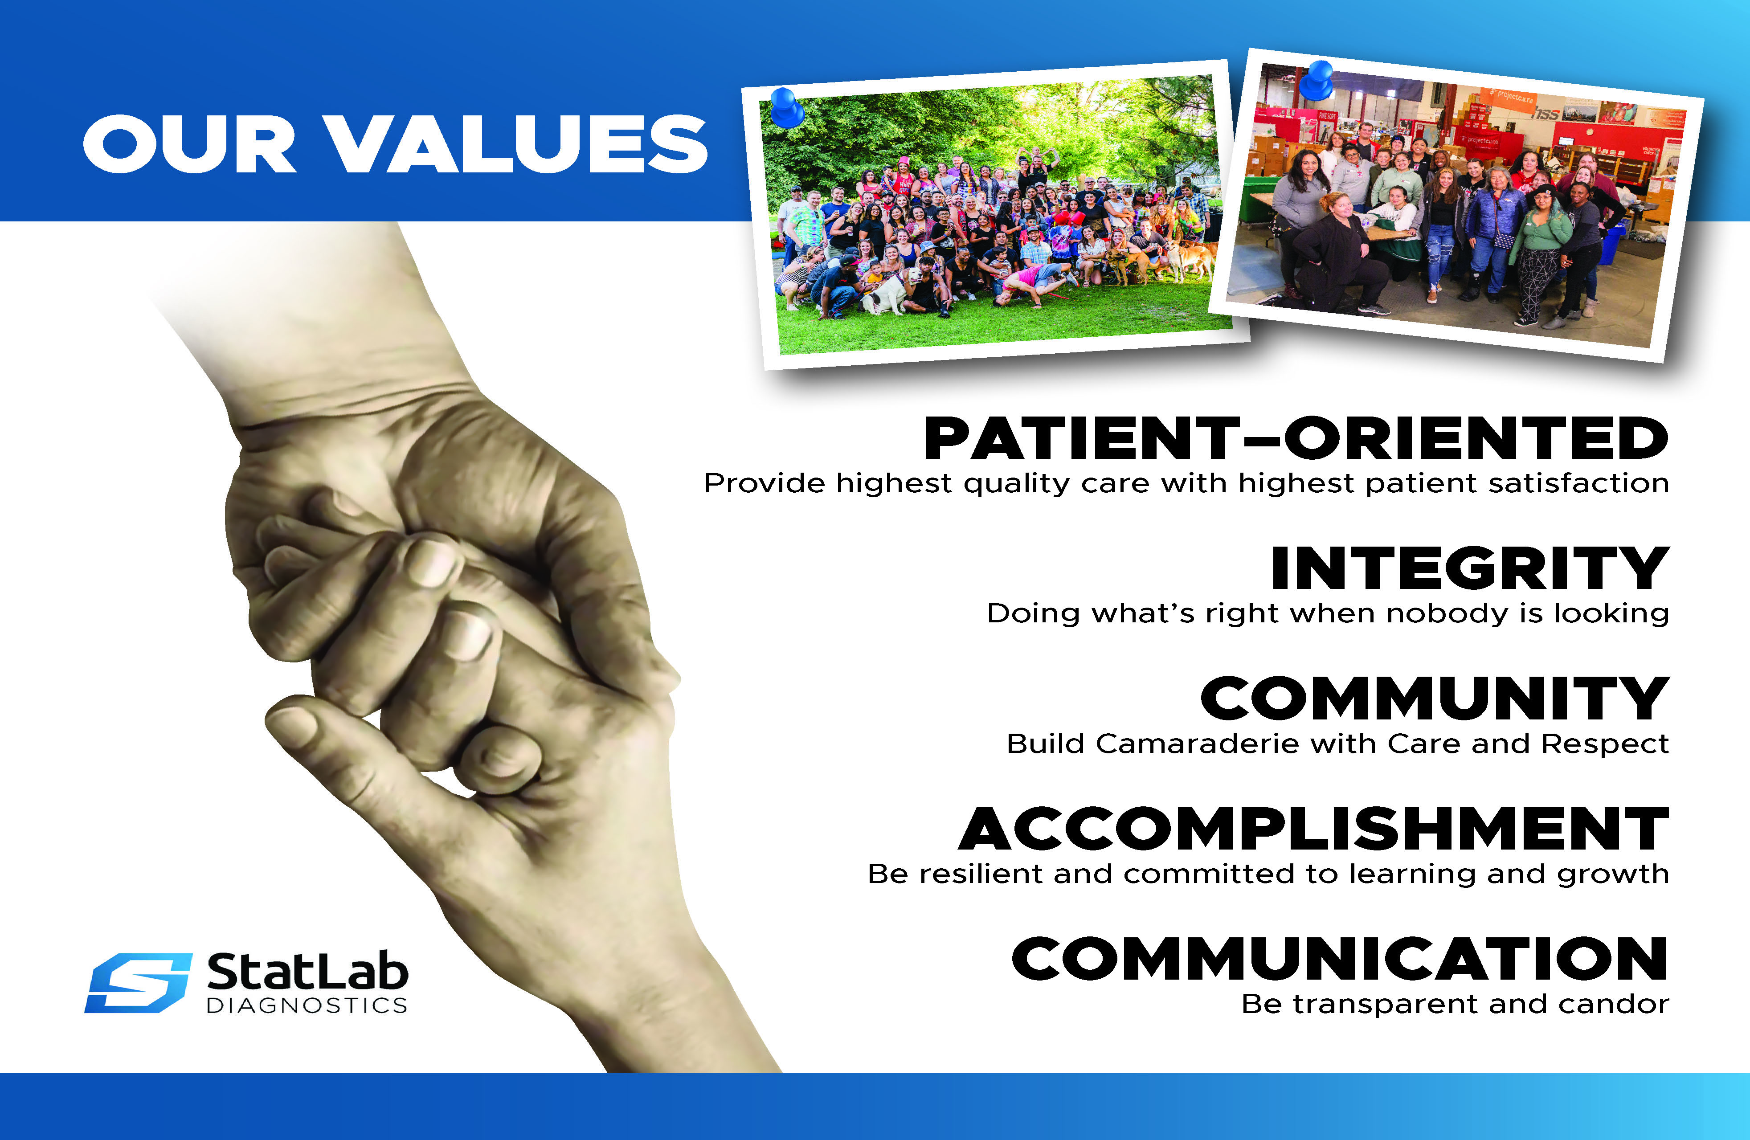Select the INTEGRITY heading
click(x=1470, y=568)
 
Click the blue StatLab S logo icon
click(x=138, y=983)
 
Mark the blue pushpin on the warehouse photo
click(x=1316, y=80)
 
